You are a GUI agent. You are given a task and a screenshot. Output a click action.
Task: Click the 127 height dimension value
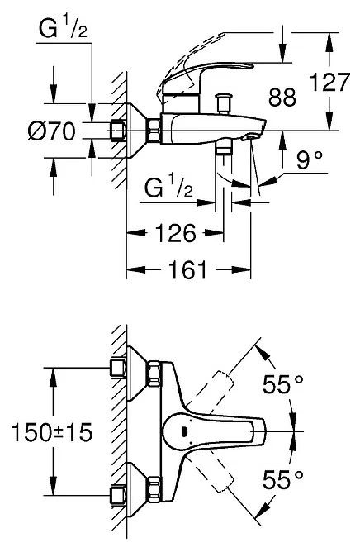[329, 83]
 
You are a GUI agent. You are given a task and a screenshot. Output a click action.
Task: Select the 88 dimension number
[282, 98]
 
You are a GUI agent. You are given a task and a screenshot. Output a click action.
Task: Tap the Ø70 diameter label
[52, 131]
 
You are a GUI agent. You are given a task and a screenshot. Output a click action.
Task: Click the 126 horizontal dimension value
[175, 232]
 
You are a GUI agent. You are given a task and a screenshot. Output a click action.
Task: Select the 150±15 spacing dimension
[52, 432]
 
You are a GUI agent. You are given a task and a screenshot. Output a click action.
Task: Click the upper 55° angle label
[282, 384]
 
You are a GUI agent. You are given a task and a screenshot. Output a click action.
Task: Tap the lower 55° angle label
[282, 479]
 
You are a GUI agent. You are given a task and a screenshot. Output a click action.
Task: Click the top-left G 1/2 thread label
[63, 29]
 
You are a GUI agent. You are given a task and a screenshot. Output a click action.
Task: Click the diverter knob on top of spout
[224, 102]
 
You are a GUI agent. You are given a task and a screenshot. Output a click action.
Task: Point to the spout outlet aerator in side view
[249, 137]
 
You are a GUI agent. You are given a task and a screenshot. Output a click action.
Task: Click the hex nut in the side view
[154, 131]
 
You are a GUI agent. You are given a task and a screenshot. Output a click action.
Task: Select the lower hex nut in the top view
[154, 488]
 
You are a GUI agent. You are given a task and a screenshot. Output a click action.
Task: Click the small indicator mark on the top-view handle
[184, 431]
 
